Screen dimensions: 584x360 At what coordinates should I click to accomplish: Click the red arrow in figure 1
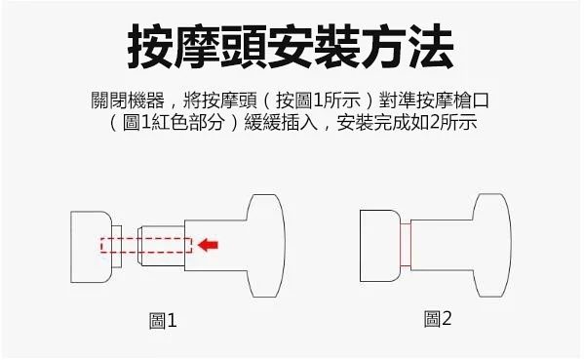(x=209, y=245)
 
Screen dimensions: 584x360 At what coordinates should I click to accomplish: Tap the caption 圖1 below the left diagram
(x=163, y=321)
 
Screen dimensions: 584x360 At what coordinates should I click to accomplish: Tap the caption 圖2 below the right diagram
(x=438, y=319)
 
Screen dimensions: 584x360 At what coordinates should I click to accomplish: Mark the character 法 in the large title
(x=431, y=47)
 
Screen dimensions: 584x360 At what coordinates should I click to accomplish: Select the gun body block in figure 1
(x=91, y=247)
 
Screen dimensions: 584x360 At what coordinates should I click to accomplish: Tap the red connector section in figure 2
(x=406, y=245)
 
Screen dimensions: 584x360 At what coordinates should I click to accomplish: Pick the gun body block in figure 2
(x=380, y=246)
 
